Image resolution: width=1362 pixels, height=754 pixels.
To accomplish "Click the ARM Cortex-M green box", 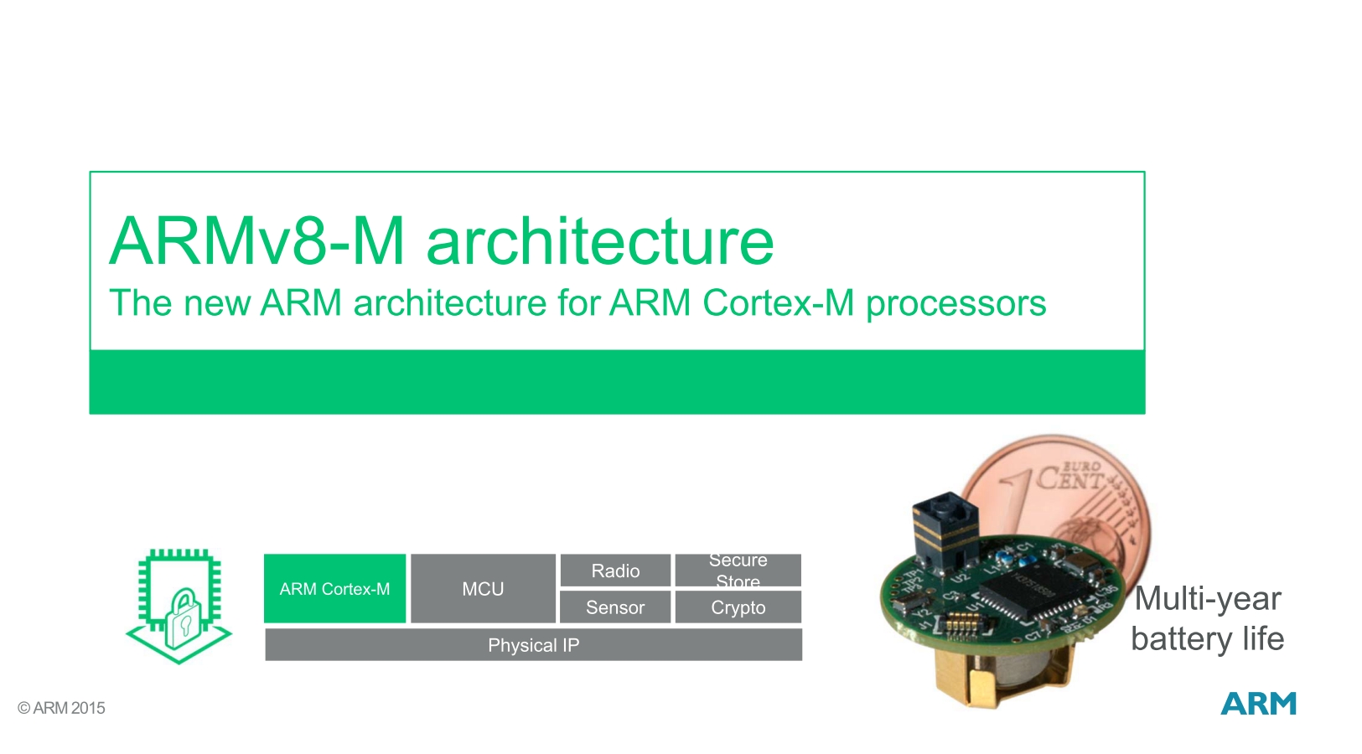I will coord(334,588).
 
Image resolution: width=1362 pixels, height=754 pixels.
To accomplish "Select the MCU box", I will coord(483,588).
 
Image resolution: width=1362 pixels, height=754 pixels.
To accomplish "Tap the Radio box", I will coord(615,571).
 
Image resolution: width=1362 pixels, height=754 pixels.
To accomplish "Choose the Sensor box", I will coord(615,607).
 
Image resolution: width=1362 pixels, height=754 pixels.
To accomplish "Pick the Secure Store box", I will coord(738,571).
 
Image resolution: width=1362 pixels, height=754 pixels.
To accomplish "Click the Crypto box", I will coord(738,607).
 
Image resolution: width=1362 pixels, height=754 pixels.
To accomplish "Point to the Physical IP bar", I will coord(533,645).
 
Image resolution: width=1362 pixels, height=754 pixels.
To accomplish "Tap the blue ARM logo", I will coord(1258,704).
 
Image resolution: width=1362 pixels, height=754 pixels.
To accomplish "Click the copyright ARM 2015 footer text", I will coord(62,708).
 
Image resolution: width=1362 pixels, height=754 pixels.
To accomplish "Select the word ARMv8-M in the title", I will coord(256,241).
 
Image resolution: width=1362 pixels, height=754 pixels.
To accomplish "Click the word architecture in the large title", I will coord(599,241).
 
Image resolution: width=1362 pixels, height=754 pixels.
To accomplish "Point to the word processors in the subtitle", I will coord(955,303).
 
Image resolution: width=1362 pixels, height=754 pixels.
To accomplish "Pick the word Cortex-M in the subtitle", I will coord(778,303).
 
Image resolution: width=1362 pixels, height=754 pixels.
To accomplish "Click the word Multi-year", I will coord(1207,599).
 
